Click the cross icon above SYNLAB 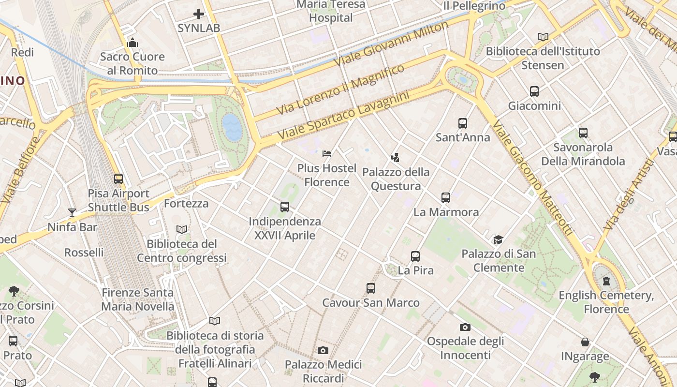(198, 14)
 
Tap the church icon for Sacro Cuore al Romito (132, 43)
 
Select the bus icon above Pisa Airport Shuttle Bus (118, 179)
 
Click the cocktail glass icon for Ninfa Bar (72, 212)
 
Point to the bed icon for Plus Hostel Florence (327, 154)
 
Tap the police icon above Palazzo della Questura (396, 157)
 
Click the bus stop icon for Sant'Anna (463, 123)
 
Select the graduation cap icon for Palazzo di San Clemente (498, 239)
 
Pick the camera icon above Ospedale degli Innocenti (465, 327)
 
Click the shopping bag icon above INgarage (585, 342)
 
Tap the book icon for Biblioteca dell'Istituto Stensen (543, 37)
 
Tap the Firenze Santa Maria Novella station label (138, 299)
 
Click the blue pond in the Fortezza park (232, 127)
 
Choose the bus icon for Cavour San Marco (371, 288)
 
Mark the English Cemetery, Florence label (606, 302)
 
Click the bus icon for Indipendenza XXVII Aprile (285, 207)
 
